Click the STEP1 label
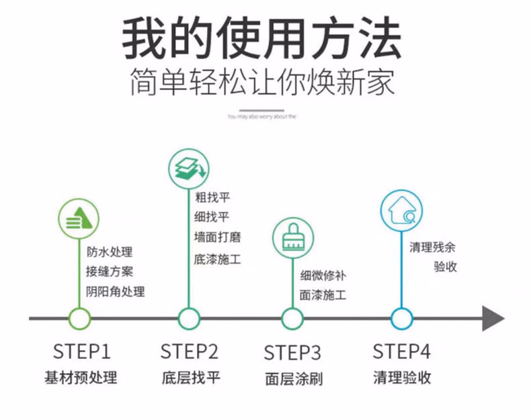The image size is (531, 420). [81, 352]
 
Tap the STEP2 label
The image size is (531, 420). [190, 352]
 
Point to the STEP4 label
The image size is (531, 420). [401, 352]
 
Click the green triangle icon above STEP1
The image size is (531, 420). [79, 218]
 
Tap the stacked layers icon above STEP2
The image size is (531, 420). [189, 168]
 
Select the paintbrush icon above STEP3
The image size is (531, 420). [292, 237]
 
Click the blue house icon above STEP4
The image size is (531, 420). [401, 209]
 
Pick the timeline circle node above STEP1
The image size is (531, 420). [80, 318]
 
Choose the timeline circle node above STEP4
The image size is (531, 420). [401, 318]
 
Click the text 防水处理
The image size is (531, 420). [110, 253]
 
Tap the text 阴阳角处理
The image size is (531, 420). [115, 292]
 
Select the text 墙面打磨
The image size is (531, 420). [217, 237]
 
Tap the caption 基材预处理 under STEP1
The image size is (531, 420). [81, 377]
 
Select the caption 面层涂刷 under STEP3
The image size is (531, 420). [293, 378]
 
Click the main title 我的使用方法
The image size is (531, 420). [261, 39]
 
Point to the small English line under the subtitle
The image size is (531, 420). [262, 116]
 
